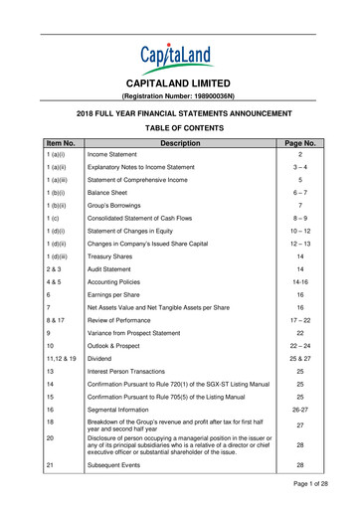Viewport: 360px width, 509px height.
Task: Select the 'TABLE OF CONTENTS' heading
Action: tap(180, 128)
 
